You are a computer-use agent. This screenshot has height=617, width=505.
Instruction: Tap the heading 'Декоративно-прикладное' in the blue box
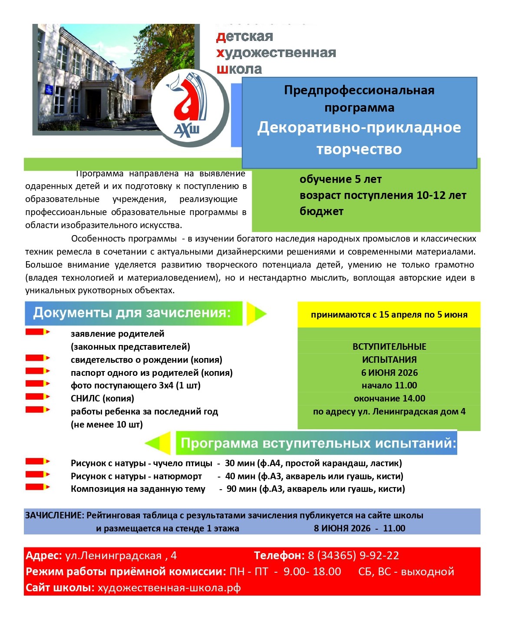(x=359, y=128)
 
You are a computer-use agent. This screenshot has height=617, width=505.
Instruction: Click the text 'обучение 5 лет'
(x=340, y=179)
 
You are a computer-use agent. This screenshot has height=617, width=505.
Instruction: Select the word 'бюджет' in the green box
(x=321, y=212)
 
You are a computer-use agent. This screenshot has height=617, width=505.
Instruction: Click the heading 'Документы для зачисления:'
(x=132, y=313)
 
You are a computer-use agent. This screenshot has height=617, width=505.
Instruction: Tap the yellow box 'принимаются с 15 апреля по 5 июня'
(x=389, y=315)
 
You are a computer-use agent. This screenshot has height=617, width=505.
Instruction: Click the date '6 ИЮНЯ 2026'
(x=389, y=373)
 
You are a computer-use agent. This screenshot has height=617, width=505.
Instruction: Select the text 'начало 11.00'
(x=389, y=385)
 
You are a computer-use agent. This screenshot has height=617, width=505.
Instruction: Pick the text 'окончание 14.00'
(x=389, y=398)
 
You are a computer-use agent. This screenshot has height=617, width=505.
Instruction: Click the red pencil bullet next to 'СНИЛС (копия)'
(x=37, y=397)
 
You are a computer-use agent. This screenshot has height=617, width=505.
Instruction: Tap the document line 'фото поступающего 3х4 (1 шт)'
(x=135, y=385)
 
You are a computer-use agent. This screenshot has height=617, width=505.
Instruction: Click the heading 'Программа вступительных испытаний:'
(x=318, y=443)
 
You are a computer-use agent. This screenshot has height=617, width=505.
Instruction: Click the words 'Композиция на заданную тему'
(x=138, y=489)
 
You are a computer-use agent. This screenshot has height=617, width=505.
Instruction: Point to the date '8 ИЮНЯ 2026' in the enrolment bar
(x=342, y=528)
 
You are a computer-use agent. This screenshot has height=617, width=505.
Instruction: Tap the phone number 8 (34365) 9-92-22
(x=353, y=555)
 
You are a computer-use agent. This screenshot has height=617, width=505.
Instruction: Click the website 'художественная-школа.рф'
(x=169, y=588)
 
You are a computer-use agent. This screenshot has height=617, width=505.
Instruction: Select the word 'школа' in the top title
(x=239, y=69)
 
